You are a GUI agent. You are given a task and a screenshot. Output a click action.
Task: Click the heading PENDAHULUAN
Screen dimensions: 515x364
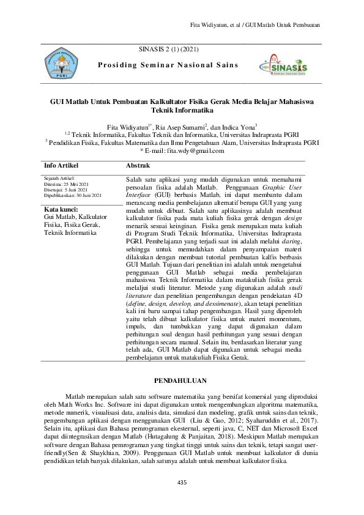click(x=182, y=380)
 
